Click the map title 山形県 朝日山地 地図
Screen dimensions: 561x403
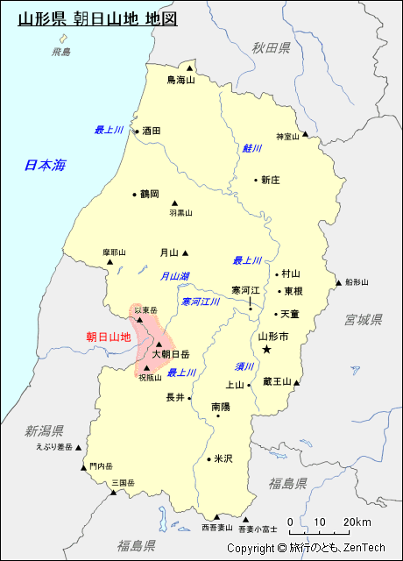click(x=96, y=17)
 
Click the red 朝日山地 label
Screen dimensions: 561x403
click(x=108, y=336)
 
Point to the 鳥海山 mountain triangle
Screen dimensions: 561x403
click(x=189, y=67)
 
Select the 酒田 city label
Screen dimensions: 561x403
click(x=152, y=131)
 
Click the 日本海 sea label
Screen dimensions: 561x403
click(x=45, y=164)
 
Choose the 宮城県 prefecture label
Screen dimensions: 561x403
click(x=364, y=319)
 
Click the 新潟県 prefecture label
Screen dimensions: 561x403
click(x=44, y=430)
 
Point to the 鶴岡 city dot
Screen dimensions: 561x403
click(x=134, y=195)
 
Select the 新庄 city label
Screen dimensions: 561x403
click(x=270, y=180)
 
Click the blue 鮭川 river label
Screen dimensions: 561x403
click(x=252, y=148)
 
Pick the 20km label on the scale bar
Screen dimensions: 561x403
click(x=357, y=523)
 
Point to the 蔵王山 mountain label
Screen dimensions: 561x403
click(x=277, y=381)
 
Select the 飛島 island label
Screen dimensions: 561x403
click(x=61, y=53)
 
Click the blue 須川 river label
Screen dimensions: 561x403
click(x=244, y=366)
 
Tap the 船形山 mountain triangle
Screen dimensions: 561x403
click(x=338, y=282)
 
